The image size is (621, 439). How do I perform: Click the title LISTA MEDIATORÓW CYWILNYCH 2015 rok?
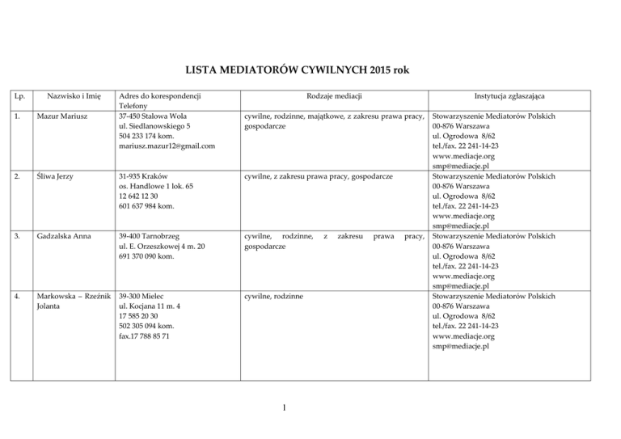pyautogui.click(x=310, y=70)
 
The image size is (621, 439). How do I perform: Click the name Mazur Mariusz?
pyautogui.click(x=60, y=116)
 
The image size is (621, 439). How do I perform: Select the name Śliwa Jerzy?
pyautogui.click(x=56, y=176)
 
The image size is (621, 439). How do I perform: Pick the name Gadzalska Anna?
pyautogui.click(x=63, y=236)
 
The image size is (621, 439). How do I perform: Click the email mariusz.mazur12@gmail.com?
pyautogui.click(x=167, y=146)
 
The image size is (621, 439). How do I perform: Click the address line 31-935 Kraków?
pyautogui.click(x=142, y=176)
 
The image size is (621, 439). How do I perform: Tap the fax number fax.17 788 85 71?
pyautogui.click(x=144, y=336)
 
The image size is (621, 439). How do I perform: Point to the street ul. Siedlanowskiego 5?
pyautogui.click(x=154, y=126)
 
